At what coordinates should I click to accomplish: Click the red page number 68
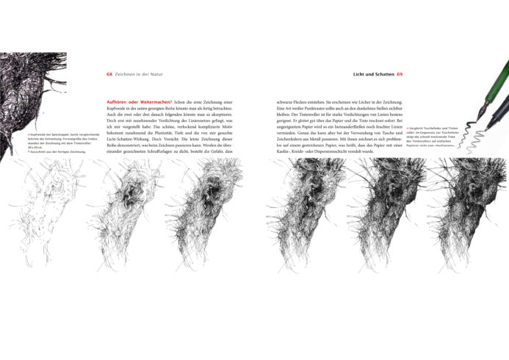pyautogui.click(x=109, y=74)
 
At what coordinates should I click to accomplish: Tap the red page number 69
pyautogui.click(x=400, y=74)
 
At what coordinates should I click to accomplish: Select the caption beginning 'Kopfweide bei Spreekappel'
pyautogui.click(x=54, y=135)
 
